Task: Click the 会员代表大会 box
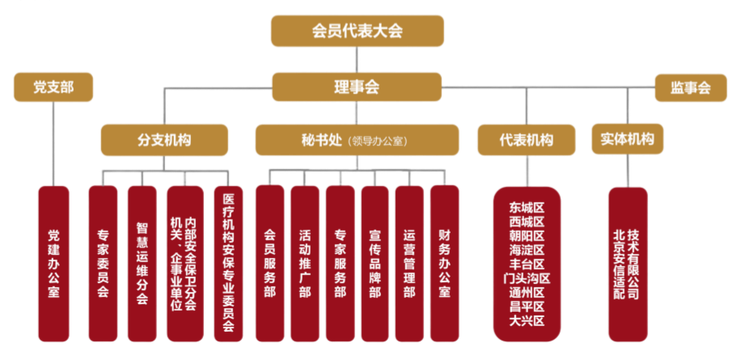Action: (357, 32)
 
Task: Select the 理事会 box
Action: (357, 87)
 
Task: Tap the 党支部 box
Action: (53, 87)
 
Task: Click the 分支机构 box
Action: (164, 139)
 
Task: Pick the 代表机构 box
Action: (526, 139)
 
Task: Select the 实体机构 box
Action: (627, 138)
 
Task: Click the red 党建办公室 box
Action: (53, 262)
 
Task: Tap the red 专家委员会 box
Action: (103, 262)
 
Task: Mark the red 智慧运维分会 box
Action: (142, 262)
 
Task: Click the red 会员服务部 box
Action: (270, 262)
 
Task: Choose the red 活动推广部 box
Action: (305, 262)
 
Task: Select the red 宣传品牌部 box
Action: (375, 262)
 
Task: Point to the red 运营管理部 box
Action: (409, 262)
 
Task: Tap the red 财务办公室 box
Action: (444, 262)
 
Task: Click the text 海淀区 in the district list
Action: (527, 249)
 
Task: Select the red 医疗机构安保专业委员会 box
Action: (227, 262)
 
